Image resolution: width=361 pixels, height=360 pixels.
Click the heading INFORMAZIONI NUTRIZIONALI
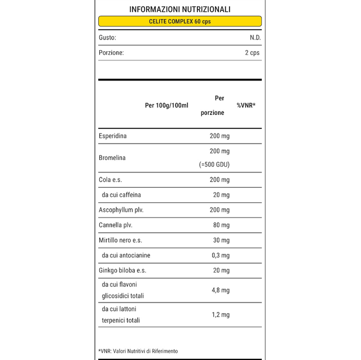(180, 9)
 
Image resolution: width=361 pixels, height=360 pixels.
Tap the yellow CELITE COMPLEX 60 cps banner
(180, 21)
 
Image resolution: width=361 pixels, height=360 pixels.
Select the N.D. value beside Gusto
(255, 37)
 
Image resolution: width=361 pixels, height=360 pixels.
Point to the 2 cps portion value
(252, 52)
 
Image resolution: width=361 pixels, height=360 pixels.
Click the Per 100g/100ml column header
(166, 105)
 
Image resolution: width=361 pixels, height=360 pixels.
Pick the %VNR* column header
(246, 105)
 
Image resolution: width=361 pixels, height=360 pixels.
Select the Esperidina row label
(113, 136)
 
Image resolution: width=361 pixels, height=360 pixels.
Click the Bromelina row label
(112, 158)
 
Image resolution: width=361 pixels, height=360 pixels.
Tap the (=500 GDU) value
(214, 165)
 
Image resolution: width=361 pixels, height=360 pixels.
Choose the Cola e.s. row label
(111, 180)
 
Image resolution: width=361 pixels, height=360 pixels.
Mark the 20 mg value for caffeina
(220, 195)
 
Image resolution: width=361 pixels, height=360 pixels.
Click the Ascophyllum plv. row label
(121, 210)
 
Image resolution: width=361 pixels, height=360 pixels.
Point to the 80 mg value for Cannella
(220, 225)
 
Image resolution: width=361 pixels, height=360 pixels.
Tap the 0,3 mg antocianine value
(219, 256)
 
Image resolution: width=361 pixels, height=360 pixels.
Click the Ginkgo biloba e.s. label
(122, 270)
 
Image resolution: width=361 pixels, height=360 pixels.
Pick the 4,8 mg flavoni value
(220, 290)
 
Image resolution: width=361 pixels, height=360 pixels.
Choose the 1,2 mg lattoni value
(220, 314)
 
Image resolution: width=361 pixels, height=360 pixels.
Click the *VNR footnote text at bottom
(138, 351)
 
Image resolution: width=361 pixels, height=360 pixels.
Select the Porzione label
(111, 52)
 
